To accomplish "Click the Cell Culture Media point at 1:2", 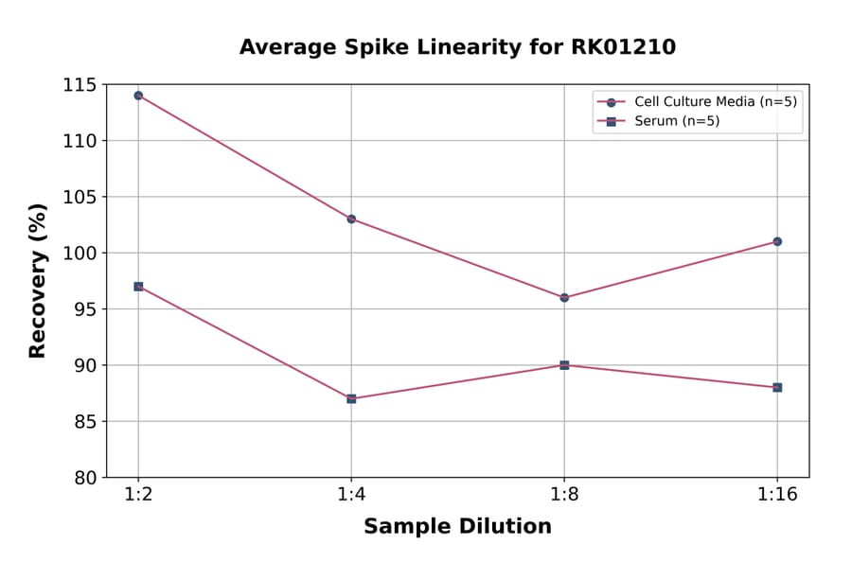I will pos(138,96).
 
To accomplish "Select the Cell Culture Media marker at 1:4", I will pos(351,219).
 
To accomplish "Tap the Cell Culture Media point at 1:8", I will pos(564,297).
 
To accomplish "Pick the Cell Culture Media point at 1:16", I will pos(777,241).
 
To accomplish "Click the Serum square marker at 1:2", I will pos(138,286).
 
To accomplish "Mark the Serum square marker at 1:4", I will pos(351,398).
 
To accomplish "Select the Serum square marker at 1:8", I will pos(564,365).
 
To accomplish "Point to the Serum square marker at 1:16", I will pos(777,387).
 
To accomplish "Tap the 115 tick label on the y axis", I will pos(80,85).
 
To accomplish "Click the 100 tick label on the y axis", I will pos(80,254).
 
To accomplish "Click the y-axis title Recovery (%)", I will pos(38,281).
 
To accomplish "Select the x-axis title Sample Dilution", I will pos(457,527).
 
